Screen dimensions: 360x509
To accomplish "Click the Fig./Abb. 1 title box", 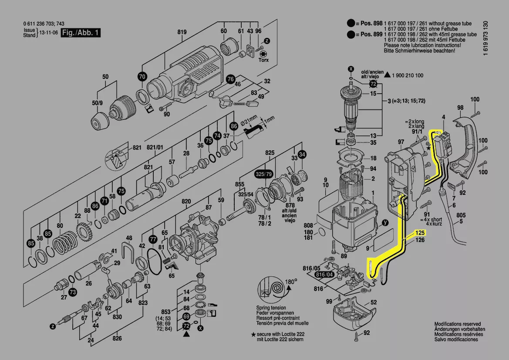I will tap(81, 33).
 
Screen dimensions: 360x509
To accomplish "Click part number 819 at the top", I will tap(182, 32).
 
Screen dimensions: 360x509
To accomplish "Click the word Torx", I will tap(263, 60).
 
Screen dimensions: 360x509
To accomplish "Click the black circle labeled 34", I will tap(302, 154).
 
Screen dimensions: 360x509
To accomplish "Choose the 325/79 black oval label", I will tap(266, 173).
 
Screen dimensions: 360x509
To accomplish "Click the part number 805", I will tap(461, 215).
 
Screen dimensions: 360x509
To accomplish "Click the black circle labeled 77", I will tap(153, 239).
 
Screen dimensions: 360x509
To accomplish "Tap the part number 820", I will tap(186, 201).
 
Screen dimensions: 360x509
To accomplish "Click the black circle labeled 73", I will tap(72, 292).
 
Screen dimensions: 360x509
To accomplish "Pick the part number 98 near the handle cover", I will tap(460, 108).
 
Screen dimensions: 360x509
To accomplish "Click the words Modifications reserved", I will tap(457, 324).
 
